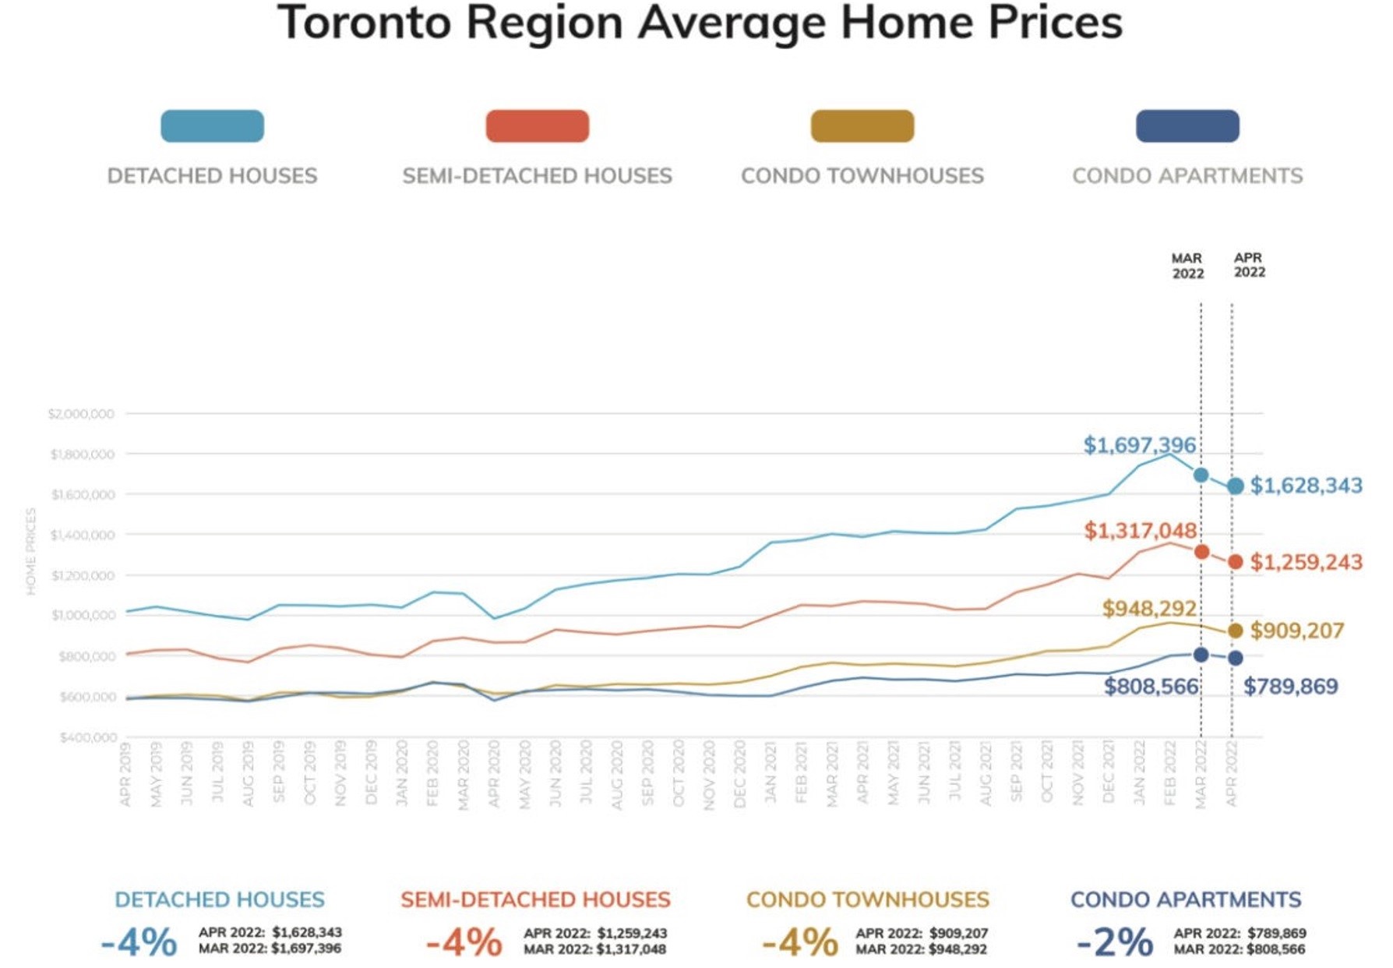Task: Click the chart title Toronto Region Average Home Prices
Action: click(699, 23)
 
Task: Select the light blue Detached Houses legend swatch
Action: click(212, 126)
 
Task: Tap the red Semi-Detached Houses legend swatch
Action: click(537, 126)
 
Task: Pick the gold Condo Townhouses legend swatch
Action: click(862, 126)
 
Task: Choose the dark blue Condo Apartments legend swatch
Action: click(1187, 126)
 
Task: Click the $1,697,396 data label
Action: click(1139, 445)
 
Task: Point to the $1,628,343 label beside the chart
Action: click(1306, 486)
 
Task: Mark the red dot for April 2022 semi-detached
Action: click(1235, 562)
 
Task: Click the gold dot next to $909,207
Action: click(1235, 631)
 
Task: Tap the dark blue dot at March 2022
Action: click(1201, 655)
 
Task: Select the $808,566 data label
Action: click(1151, 687)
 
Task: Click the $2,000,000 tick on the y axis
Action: click(81, 414)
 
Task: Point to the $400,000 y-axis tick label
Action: click(88, 737)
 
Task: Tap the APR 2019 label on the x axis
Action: click(126, 774)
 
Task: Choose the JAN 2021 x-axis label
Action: click(771, 774)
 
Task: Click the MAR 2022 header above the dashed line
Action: click(1187, 266)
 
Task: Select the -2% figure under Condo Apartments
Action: click(1114, 942)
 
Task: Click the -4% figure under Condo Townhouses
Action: click(799, 942)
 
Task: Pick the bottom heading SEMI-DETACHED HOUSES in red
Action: click(535, 899)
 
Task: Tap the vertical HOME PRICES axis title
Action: click(31, 551)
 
